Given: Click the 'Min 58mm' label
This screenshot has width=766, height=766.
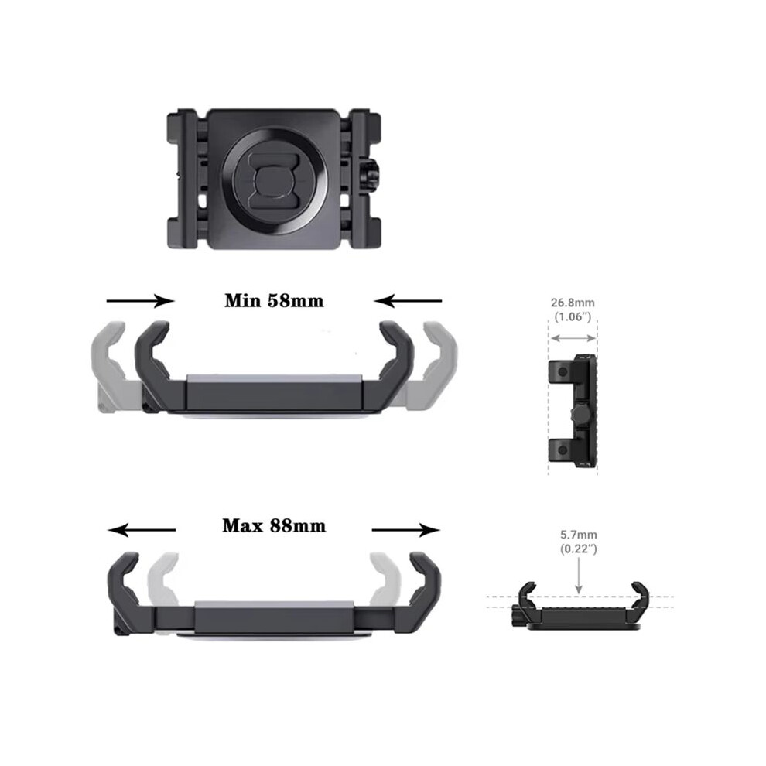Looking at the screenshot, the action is pos(274,300).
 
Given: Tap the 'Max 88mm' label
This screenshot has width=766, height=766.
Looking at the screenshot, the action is pos(274,525).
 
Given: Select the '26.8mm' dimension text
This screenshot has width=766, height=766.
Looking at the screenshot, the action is pos(573,303).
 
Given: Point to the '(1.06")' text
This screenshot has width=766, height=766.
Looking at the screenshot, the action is pos(573,316).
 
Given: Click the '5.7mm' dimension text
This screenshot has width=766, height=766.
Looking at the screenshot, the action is pos(579,535).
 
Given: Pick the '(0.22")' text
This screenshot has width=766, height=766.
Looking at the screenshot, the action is pos(579,549).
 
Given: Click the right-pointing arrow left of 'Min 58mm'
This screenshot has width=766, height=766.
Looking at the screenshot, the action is pos(140,301).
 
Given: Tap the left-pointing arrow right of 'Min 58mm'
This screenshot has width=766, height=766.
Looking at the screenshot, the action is pos(408,301).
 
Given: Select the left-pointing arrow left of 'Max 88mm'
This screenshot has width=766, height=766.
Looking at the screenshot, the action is pos(142,530).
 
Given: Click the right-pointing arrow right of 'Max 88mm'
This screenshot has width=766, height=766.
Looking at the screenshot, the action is pos(406,530).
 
